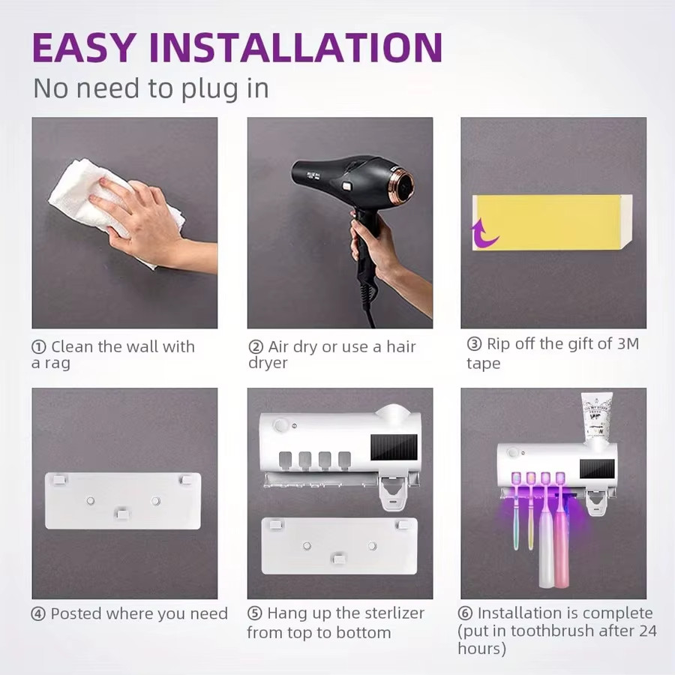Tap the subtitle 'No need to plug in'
tap(150, 88)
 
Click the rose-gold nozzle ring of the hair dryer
tap(404, 184)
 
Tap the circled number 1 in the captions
tap(38, 347)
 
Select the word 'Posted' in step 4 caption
tap(76, 613)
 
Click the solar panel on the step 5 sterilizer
tap(394, 448)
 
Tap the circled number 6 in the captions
tap(466, 613)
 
